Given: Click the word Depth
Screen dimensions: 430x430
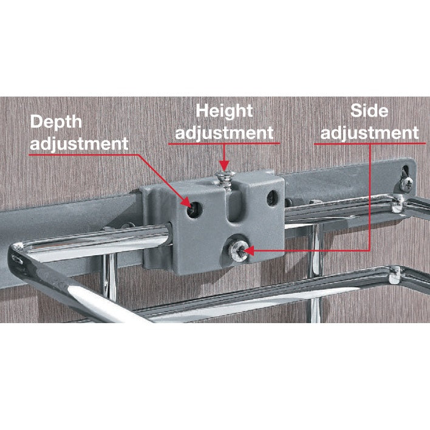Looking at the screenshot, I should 56,121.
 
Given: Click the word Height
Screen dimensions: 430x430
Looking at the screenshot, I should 223,111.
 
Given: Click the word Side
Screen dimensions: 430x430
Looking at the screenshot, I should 369,111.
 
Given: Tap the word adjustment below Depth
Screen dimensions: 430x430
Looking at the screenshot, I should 80,144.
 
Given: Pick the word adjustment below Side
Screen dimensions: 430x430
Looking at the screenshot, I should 369,132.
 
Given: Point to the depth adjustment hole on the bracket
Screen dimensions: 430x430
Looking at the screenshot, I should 194,208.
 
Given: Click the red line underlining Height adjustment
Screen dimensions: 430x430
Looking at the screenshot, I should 224,143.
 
